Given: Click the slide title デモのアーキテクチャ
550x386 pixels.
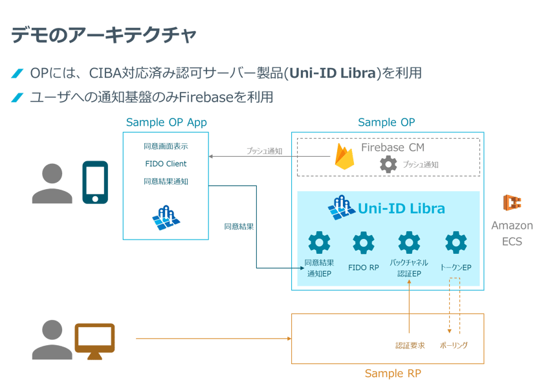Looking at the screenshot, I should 103,35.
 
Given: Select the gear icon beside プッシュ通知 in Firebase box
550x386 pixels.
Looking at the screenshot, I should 388,165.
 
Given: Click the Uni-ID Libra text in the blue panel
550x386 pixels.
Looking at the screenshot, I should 401,208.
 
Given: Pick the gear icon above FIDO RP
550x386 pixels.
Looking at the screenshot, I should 363,243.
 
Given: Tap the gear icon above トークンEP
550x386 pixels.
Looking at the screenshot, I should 456,243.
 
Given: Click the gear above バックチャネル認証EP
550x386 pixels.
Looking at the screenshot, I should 409,243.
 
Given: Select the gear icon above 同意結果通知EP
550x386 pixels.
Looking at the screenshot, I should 318,243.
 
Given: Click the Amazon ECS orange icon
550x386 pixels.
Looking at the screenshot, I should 512,203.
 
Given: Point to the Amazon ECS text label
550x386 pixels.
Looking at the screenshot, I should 512,233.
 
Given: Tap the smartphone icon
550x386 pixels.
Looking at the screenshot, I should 94,183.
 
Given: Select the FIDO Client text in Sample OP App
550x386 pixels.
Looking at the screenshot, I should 166,164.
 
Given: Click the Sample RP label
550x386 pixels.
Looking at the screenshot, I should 388,373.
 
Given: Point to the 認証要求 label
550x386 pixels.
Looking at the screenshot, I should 410,345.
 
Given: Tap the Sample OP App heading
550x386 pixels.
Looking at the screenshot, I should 166,122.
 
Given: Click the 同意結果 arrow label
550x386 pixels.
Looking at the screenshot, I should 238,227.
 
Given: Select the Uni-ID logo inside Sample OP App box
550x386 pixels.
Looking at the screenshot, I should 166,216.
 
